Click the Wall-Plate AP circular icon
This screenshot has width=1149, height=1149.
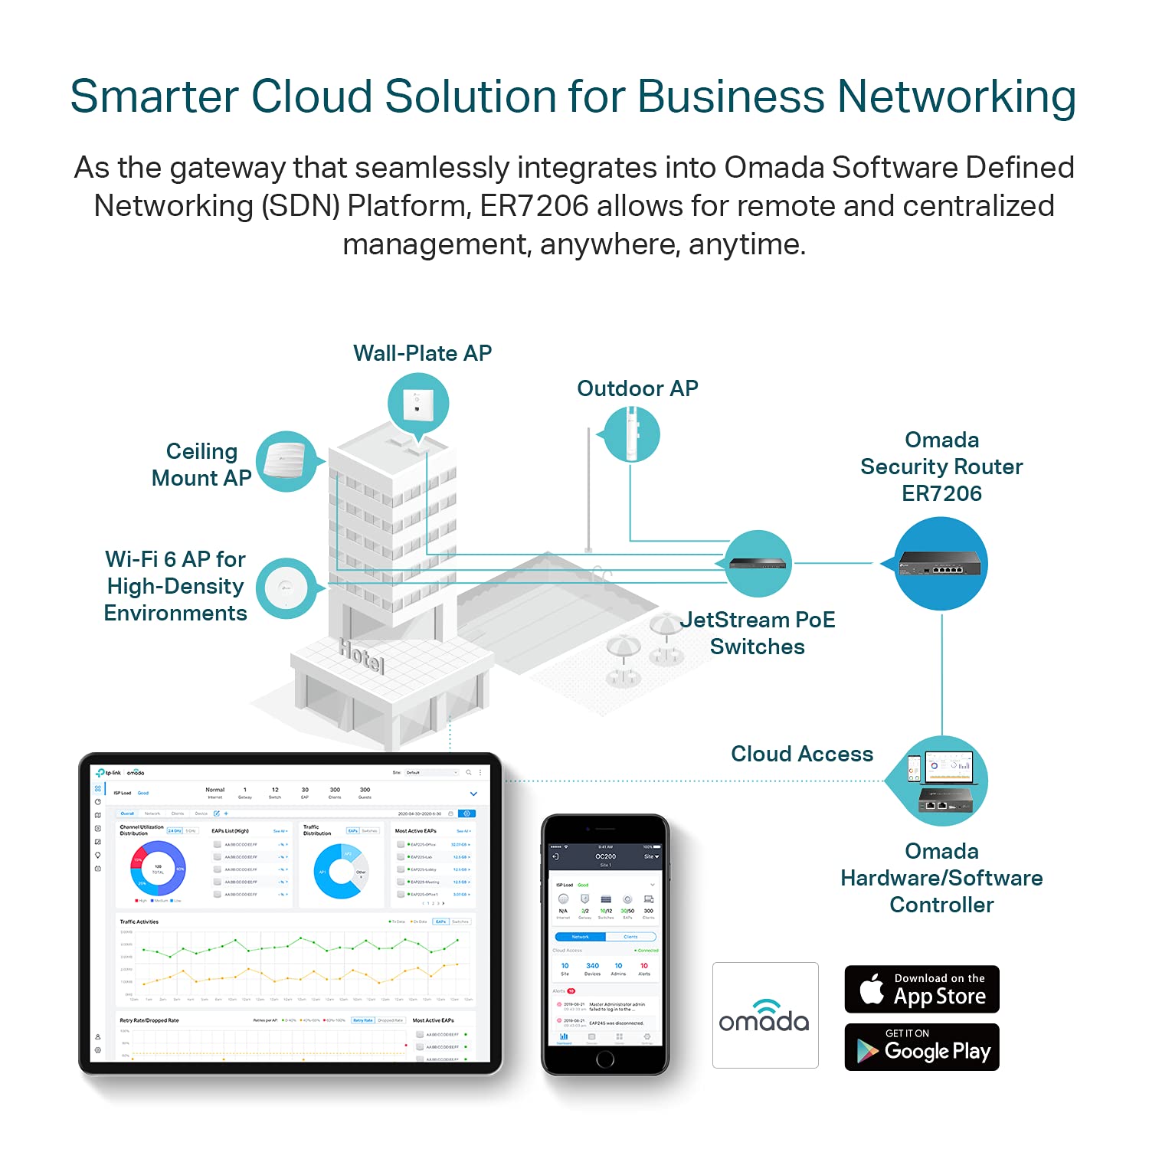417,404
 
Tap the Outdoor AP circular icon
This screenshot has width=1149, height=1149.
632,434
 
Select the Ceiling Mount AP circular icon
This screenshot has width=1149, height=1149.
286,461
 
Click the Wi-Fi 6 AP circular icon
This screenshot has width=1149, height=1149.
286,588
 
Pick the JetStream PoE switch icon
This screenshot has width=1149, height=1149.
758,563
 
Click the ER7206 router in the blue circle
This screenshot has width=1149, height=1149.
941,564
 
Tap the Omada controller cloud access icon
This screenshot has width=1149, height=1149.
941,781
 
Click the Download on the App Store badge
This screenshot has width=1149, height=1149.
921,989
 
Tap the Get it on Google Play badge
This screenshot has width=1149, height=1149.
921,1047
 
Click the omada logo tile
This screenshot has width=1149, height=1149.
764,1015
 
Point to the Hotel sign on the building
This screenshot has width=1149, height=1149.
362,656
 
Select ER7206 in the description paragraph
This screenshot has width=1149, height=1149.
534,206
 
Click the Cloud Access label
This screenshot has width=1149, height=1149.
802,754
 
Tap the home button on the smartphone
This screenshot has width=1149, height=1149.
605,1059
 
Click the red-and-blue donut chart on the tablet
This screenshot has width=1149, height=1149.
158,869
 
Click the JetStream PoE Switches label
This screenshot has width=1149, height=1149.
758,633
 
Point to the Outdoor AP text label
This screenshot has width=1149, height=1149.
637,388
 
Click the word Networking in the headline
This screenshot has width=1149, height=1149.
957,97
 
